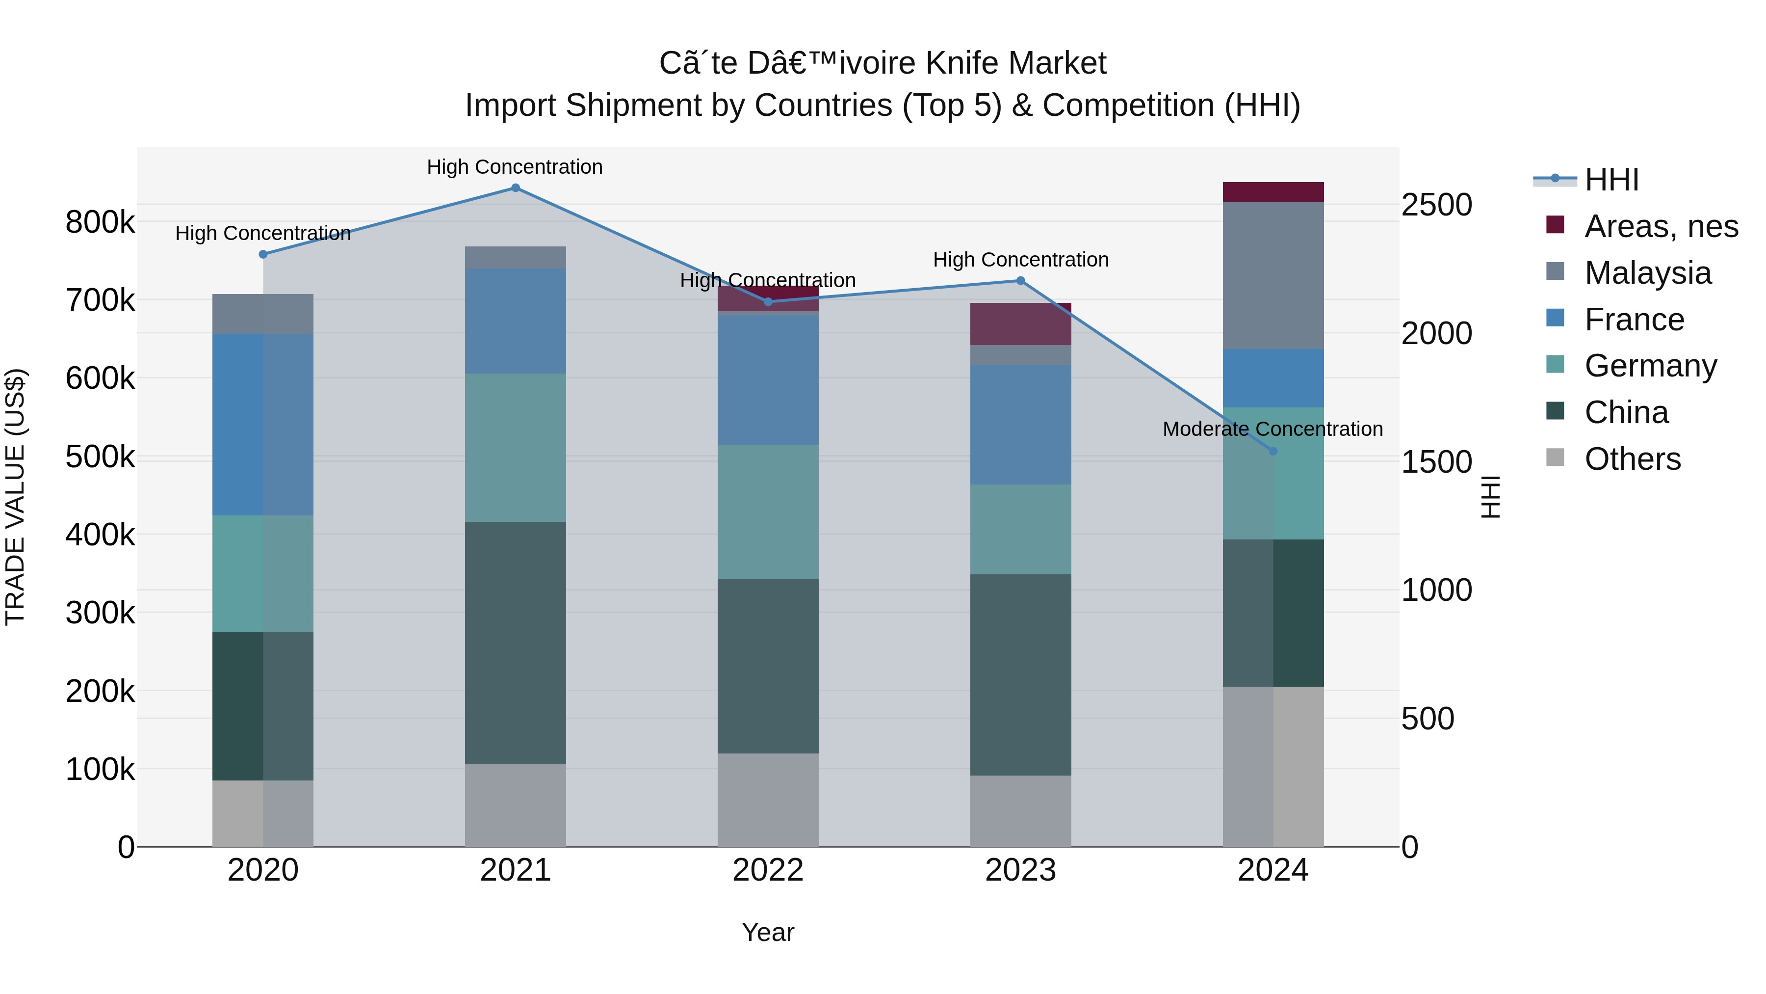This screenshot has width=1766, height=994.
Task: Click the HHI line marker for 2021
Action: coord(516,188)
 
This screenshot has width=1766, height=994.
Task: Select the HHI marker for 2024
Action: coord(1273,451)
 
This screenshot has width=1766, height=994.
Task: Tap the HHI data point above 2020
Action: coord(263,254)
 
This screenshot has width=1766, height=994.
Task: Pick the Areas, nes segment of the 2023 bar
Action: coord(1020,324)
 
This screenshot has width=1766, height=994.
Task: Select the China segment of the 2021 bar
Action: coord(516,643)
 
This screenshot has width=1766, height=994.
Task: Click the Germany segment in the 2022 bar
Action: coord(768,512)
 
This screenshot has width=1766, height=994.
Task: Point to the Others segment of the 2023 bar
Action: coord(1020,811)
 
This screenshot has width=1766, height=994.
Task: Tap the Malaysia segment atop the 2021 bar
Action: coord(516,257)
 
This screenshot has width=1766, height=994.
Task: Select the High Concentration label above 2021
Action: coord(515,167)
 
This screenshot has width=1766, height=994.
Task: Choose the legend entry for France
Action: coord(1635,320)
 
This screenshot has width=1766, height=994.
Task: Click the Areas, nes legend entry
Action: coord(1661,226)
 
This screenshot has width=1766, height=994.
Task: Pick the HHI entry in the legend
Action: coord(1611,180)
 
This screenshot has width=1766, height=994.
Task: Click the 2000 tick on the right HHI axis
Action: coord(1436,333)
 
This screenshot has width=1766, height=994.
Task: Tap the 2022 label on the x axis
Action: coord(768,870)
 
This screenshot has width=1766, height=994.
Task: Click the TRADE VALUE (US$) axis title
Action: coord(15,497)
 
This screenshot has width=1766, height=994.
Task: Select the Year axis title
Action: coord(768,932)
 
